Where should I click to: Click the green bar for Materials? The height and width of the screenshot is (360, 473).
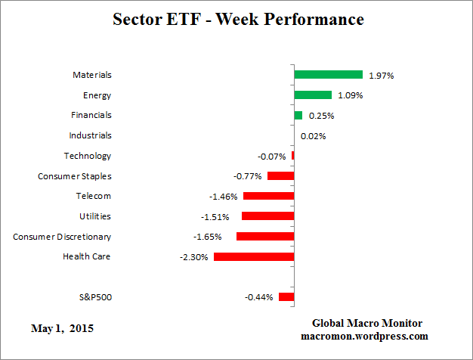(x=328, y=75)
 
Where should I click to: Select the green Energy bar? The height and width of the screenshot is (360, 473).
(x=313, y=95)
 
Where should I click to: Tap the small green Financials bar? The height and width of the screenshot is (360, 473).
(x=298, y=115)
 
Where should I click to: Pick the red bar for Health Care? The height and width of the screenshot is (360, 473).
(x=254, y=257)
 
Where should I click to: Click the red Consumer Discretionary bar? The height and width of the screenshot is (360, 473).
(x=265, y=237)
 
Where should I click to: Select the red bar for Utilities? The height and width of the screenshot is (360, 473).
(x=267, y=216)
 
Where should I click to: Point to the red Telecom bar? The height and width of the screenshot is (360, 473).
(x=268, y=196)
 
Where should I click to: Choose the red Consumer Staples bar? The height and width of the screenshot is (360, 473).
(x=280, y=176)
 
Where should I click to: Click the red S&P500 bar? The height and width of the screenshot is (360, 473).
(x=286, y=297)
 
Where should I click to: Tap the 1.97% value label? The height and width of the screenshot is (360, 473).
(x=382, y=76)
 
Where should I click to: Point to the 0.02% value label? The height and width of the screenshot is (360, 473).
(x=313, y=136)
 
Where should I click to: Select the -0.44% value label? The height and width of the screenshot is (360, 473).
(x=258, y=297)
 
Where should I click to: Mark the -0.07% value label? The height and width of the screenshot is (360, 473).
(x=272, y=157)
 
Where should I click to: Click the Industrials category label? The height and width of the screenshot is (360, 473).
(x=90, y=135)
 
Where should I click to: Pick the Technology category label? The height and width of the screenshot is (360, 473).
(x=88, y=156)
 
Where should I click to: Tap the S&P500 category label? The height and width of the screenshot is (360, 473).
(x=95, y=297)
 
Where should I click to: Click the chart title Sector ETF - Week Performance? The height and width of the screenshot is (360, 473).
(x=237, y=19)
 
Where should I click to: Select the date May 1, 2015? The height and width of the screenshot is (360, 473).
(x=63, y=329)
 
